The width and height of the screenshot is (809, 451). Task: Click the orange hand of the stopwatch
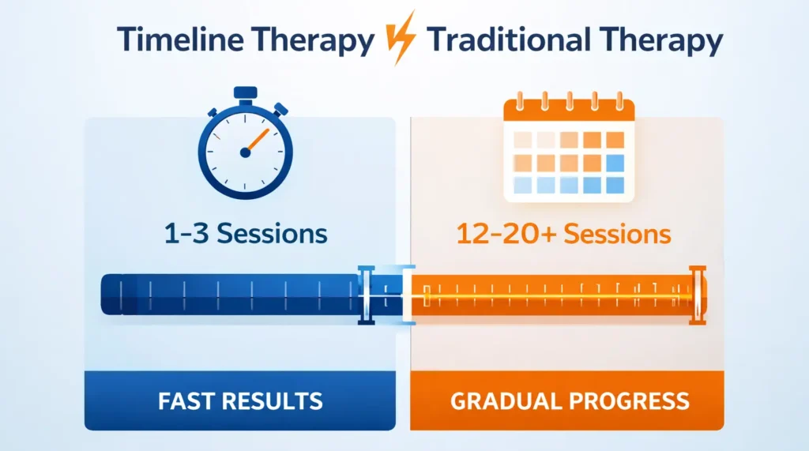[x=256, y=141]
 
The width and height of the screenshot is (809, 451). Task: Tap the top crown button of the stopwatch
[x=246, y=91]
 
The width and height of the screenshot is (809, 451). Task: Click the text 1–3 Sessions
[x=246, y=234]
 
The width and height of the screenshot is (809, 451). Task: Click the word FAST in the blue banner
[x=186, y=400]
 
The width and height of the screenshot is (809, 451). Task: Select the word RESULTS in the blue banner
[x=273, y=400]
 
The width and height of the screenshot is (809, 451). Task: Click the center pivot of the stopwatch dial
[x=246, y=152]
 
